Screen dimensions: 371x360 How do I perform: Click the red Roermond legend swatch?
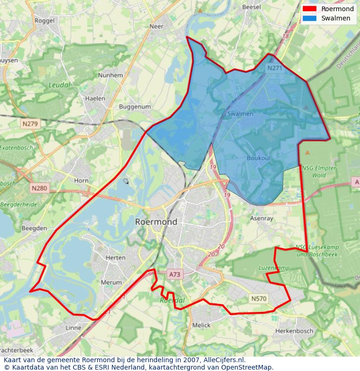coord(309,9)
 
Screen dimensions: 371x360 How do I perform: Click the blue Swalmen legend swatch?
coord(309,18)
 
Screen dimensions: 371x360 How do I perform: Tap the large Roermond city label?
coord(156,222)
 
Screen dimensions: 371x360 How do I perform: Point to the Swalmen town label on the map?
coord(240,114)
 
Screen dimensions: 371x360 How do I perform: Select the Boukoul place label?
coord(258,158)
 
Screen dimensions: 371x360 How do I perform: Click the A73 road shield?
coord(175,275)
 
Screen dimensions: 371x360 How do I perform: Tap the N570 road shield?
coord(258,298)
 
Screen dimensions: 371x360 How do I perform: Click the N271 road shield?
coord(275,68)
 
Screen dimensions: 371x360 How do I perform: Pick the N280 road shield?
coord(39,188)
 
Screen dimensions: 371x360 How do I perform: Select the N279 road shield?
coord(31,124)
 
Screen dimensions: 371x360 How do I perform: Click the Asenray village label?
coord(262,218)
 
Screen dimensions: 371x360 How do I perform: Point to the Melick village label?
coord(201,325)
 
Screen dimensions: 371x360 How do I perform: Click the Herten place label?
coord(116,258)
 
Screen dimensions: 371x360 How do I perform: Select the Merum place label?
coord(111,282)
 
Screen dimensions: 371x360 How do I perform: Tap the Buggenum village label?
coord(135,106)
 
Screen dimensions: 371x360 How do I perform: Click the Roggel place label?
coord(45,20)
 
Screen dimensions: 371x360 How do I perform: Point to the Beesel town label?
coord(252,7)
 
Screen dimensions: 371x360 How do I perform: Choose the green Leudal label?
coord(59,85)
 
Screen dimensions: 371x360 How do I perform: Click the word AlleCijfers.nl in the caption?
coord(224,360)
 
